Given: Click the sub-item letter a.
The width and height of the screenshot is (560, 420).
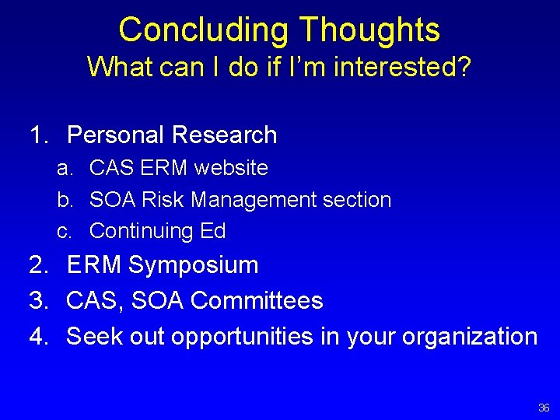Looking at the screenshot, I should tap(65, 168).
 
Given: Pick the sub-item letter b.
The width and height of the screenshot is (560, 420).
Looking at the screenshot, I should tap(65, 200).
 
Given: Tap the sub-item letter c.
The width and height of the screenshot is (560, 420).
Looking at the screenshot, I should tap(65, 231).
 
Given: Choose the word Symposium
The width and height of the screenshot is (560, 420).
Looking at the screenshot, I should tap(193, 266).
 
